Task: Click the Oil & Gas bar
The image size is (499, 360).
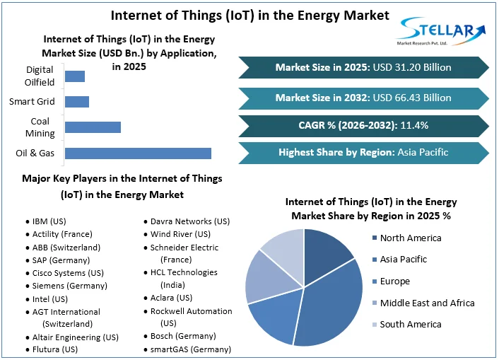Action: coord(138,153)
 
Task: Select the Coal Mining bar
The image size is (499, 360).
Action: coord(93,127)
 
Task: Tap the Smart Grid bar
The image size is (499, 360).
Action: coord(76,102)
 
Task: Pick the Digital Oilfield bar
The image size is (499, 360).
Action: coord(74,76)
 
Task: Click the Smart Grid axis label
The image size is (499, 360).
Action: coord(32,102)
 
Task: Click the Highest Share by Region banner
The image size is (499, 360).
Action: coord(363,152)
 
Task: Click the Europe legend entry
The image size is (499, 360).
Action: coord(394,281)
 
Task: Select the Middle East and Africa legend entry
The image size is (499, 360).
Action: coord(427,303)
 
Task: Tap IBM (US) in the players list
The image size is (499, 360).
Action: coord(50,221)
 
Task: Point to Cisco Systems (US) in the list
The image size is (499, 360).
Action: coord(68,273)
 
